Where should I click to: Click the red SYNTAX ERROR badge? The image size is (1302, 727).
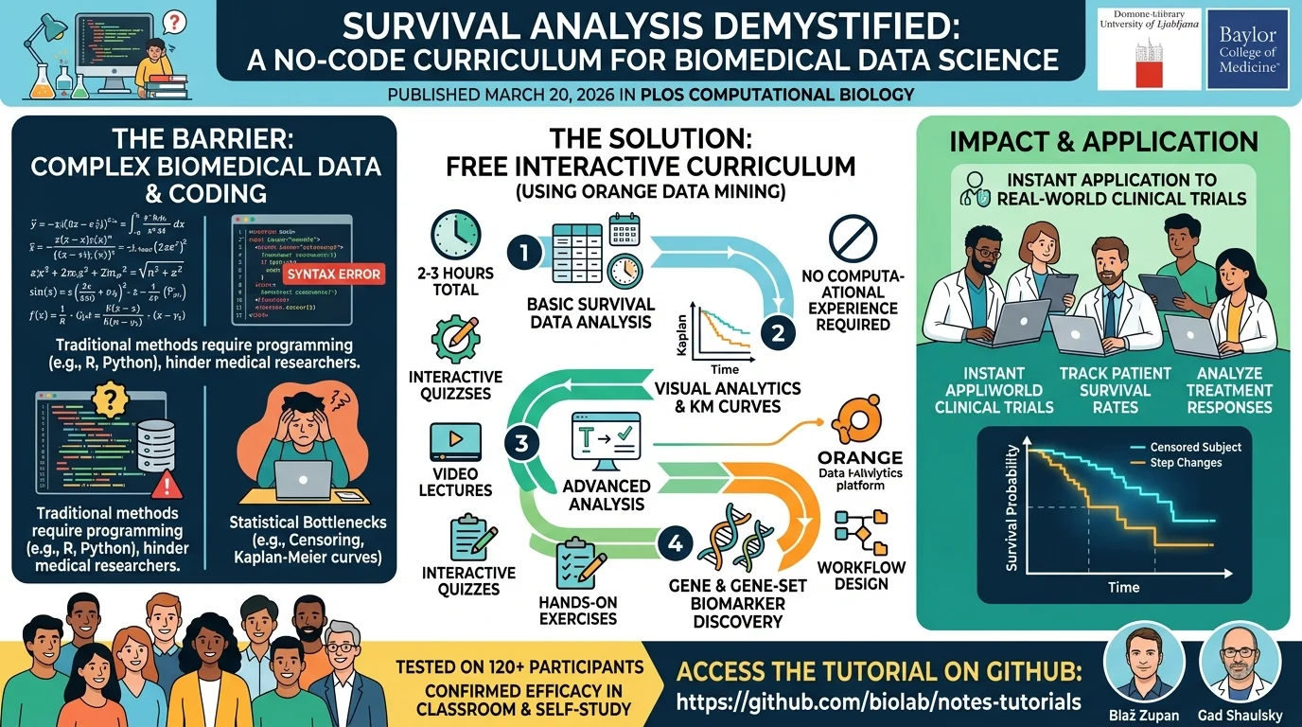(x=332, y=275)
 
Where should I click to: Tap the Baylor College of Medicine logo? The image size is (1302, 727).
(x=1248, y=50)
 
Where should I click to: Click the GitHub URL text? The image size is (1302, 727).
(x=879, y=702)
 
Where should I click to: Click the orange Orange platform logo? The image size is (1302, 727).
(x=854, y=423)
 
